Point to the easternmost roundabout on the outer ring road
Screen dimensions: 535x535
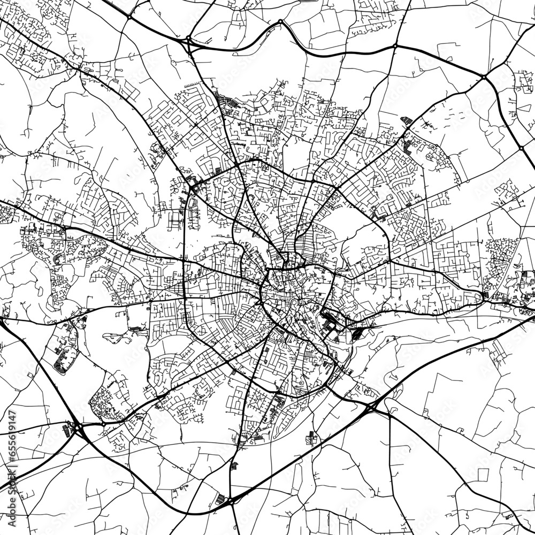(521, 148)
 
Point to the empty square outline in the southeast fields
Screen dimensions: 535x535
(483, 473)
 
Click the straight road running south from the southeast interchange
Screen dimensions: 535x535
(389, 471)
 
